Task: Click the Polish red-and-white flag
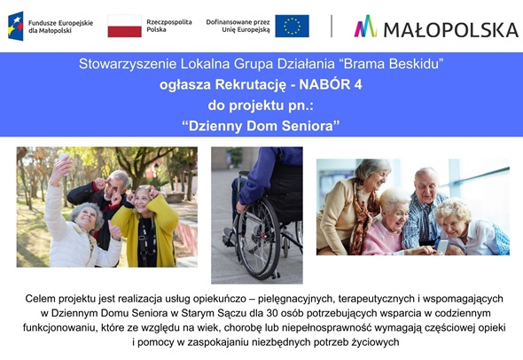(125, 26)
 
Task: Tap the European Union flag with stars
(292, 26)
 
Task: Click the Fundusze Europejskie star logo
(15, 26)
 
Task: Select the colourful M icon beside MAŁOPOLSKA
(365, 27)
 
